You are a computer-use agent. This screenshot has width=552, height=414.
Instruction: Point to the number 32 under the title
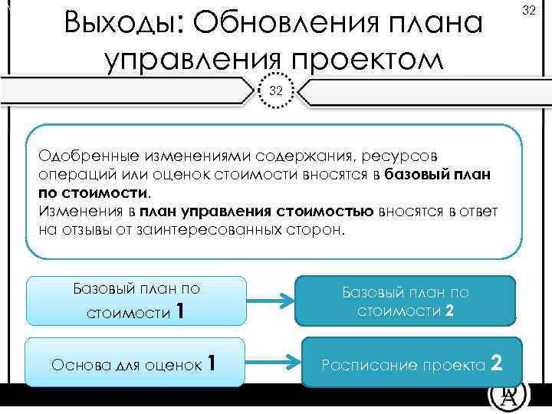276,90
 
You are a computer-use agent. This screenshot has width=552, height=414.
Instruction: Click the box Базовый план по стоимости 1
136,301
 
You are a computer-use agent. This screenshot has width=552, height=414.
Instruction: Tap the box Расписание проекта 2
413,362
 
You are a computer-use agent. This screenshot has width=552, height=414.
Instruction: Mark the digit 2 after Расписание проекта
496,361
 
